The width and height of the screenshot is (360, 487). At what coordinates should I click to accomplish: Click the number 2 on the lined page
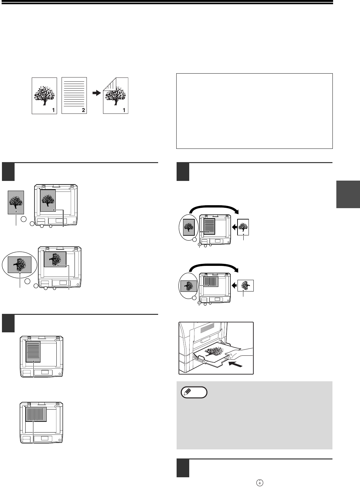point(83,110)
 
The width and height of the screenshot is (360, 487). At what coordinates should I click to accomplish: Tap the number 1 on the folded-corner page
point(124,110)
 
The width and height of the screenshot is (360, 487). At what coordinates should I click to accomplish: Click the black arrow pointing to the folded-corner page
point(97,93)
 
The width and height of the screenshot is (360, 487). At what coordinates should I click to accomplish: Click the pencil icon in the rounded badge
point(187,392)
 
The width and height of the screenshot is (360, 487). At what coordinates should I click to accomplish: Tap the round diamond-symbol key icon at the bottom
point(260,483)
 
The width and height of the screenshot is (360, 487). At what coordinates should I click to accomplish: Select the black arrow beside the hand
point(236,364)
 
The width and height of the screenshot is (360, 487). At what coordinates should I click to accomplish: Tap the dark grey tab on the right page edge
point(348,194)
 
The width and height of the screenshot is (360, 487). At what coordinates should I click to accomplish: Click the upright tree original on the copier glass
point(48,200)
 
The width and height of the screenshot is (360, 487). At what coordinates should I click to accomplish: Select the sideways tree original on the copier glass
point(55,259)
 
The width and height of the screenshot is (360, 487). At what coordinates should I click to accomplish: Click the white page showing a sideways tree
point(246,286)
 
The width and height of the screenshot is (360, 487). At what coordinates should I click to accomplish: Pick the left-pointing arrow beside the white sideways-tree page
point(234,285)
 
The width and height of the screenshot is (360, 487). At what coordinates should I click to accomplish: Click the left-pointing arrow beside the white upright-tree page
point(234,227)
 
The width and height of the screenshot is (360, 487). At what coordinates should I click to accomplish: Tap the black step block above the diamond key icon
point(183,468)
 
